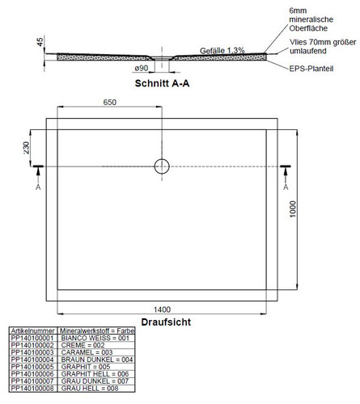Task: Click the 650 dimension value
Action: click(110, 103)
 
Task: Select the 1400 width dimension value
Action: click(162, 309)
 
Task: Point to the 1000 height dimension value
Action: click(293, 208)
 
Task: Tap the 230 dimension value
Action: click(26, 148)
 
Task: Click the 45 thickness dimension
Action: click(40, 42)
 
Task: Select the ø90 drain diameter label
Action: click(142, 68)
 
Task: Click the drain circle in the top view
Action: click(162, 166)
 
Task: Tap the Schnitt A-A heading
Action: click(162, 83)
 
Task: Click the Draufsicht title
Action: click(166, 322)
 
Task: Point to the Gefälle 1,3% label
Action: click(222, 50)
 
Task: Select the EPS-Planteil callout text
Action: click(311, 69)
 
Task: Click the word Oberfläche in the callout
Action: click(308, 28)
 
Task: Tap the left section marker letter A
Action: click(38, 187)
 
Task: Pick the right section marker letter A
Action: click(286, 187)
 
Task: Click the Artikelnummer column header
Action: click(32, 330)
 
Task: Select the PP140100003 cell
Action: click(32, 352)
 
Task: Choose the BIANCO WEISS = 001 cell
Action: click(95, 338)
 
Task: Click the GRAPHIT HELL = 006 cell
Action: click(95, 374)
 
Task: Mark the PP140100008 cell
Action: click(32, 388)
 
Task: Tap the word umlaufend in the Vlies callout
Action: click(308, 51)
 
